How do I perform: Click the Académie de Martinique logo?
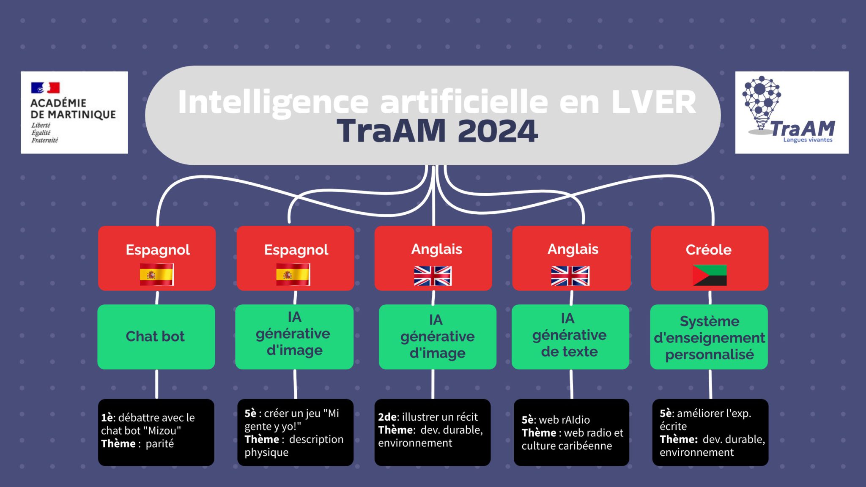[x=74, y=112]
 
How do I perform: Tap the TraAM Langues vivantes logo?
[x=792, y=112]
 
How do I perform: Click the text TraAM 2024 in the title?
[x=437, y=131]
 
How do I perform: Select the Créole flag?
[x=710, y=275]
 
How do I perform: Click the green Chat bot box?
[x=156, y=337]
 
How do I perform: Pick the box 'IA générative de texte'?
[x=570, y=337]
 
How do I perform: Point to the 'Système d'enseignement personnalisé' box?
[x=709, y=337]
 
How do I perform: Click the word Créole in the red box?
[x=709, y=250]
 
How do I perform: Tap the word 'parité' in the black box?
[x=159, y=444]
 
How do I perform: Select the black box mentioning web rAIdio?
[x=571, y=432]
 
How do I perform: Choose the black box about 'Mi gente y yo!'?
[x=295, y=432]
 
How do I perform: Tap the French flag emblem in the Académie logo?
[x=45, y=88]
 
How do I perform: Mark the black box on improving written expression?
[x=710, y=432]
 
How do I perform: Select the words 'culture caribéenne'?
[x=567, y=446]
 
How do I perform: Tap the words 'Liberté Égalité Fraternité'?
[x=44, y=133]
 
